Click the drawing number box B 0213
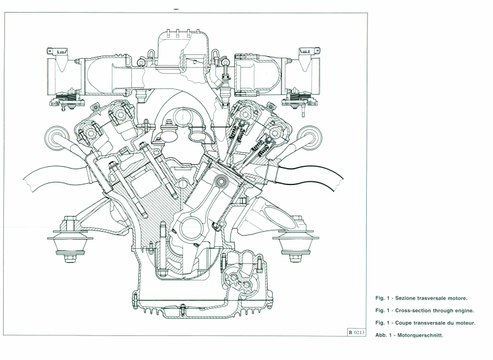click(x=358, y=331)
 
